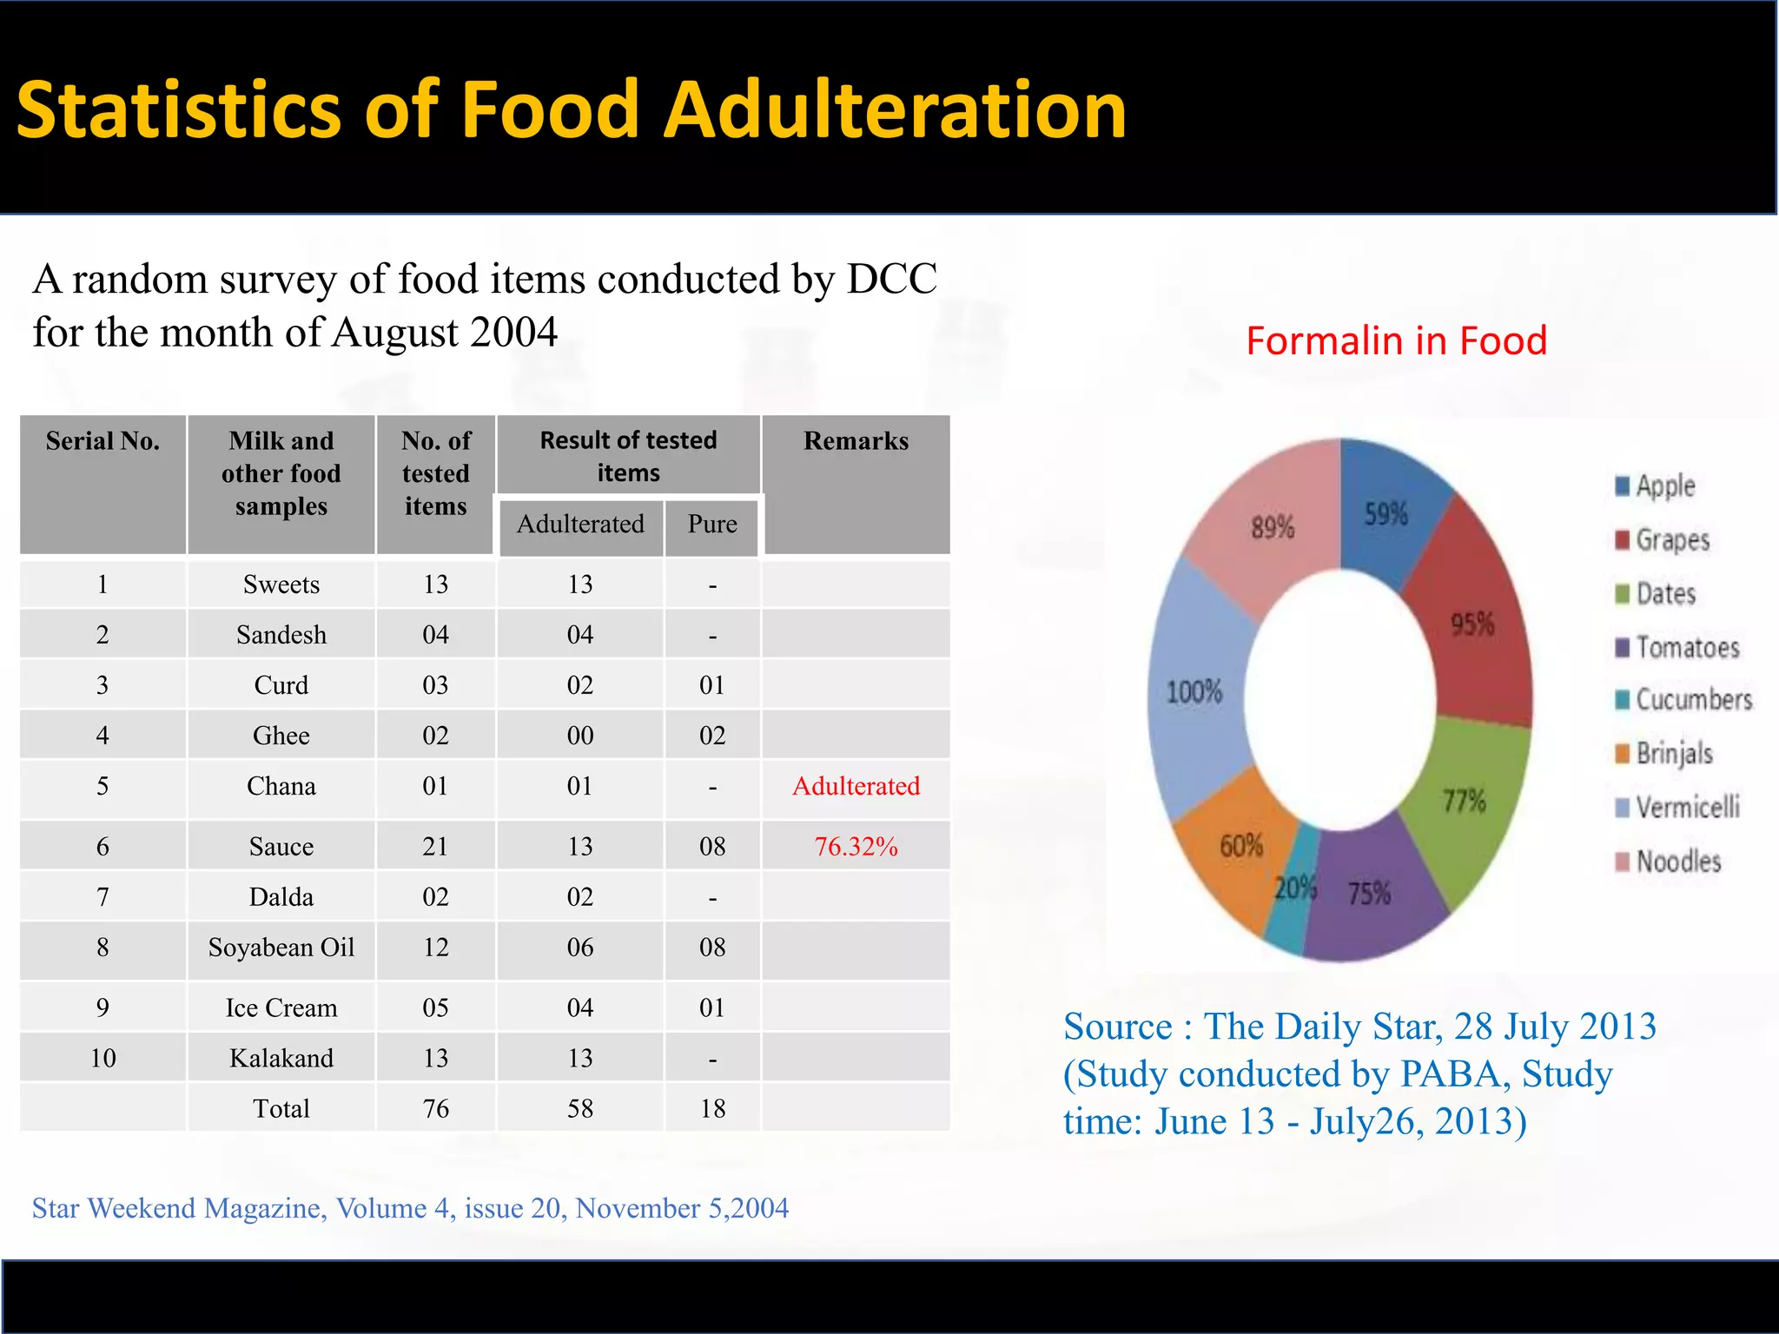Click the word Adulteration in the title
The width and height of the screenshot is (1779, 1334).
(895, 111)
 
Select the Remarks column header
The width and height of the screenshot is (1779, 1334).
(856, 441)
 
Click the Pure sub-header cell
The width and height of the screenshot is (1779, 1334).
(712, 524)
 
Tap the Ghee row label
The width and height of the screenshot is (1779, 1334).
(281, 736)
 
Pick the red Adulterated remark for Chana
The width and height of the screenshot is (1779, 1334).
(856, 786)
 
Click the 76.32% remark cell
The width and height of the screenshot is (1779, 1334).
(856, 846)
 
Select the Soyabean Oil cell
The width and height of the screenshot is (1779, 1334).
(281, 948)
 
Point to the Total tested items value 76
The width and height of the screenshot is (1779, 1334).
(435, 1109)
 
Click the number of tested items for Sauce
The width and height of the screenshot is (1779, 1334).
(435, 846)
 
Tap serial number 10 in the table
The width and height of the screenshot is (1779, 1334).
(103, 1059)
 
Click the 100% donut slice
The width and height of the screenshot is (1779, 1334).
(1195, 692)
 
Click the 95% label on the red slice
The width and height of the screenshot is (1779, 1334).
(1472, 624)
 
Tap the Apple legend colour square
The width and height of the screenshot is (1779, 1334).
(1622, 486)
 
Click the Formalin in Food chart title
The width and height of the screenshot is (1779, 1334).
(1396, 340)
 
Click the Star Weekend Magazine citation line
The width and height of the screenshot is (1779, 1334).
(410, 1208)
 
